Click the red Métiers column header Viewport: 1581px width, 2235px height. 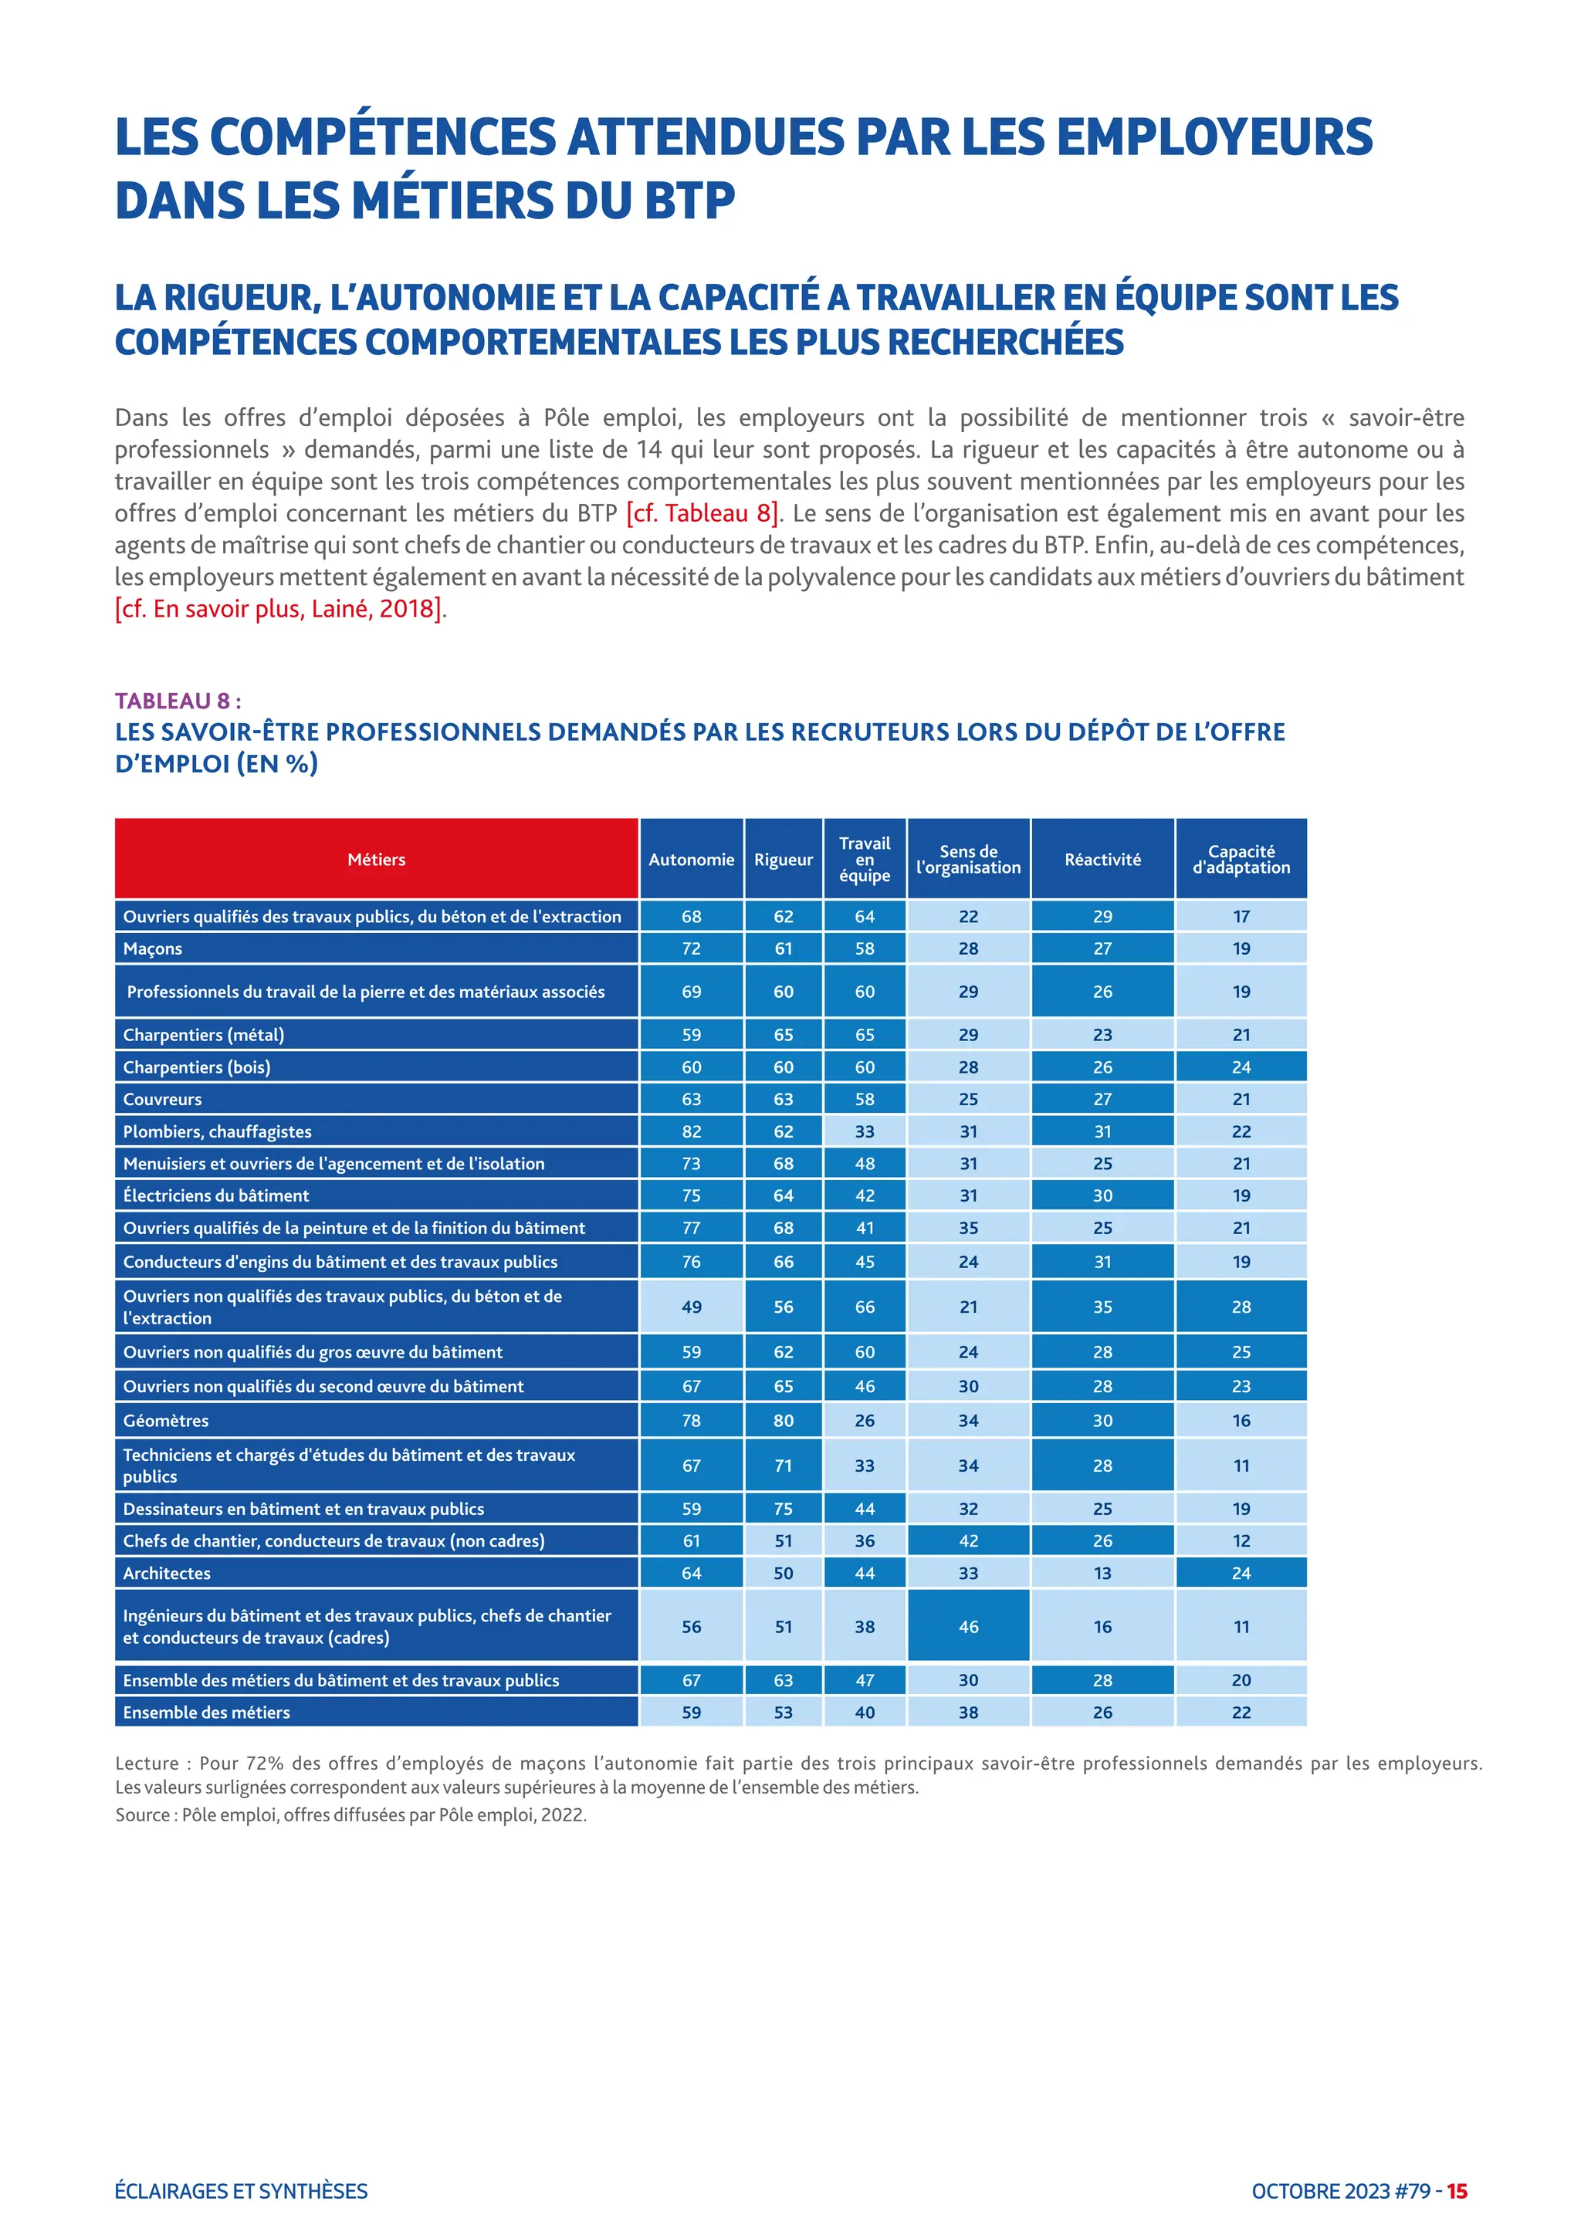[x=376, y=858]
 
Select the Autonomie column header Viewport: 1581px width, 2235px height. [x=691, y=858]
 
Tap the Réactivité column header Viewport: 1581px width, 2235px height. [x=1102, y=858]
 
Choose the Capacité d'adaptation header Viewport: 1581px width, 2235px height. [x=1241, y=858]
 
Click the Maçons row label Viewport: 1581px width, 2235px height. [x=153, y=948]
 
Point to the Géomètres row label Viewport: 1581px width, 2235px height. [x=165, y=1420]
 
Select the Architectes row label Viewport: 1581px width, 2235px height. [x=167, y=1573]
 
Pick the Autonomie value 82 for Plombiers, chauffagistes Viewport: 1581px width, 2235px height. [x=691, y=1131]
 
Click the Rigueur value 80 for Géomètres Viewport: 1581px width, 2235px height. [x=784, y=1420]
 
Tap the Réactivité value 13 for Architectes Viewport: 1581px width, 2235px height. [x=1102, y=1573]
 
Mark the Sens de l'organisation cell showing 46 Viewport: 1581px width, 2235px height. [x=968, y=1627]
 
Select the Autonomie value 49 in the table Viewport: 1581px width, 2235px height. [x=691, y=1307]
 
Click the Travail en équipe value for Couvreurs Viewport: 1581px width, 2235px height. [x=865, y=1099]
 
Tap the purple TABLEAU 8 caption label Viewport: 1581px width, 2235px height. [x=178, y=701]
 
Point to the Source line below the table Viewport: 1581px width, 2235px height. [x=350, y=1814]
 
